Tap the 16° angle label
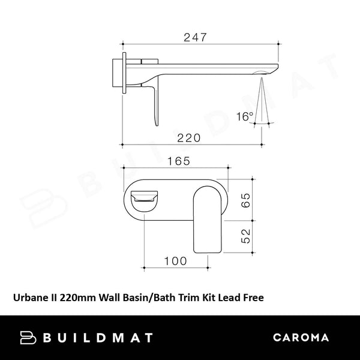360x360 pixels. tap(244, 116)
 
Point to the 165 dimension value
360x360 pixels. tap(178, 161)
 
